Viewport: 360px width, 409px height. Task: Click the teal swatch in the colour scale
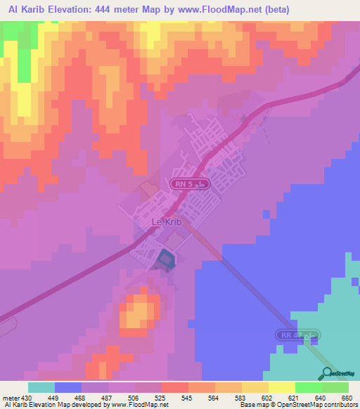click(x=41, y=387)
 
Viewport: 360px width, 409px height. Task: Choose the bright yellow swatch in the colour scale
click(x=282, y=387)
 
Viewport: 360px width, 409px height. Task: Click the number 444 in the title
click(x=103, y=10)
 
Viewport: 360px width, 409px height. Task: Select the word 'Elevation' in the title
click(x=67, y=10)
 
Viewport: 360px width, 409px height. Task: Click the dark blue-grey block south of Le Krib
click(x=165, y=260)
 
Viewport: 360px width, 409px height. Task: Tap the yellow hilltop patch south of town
click(x=140, y=310)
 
